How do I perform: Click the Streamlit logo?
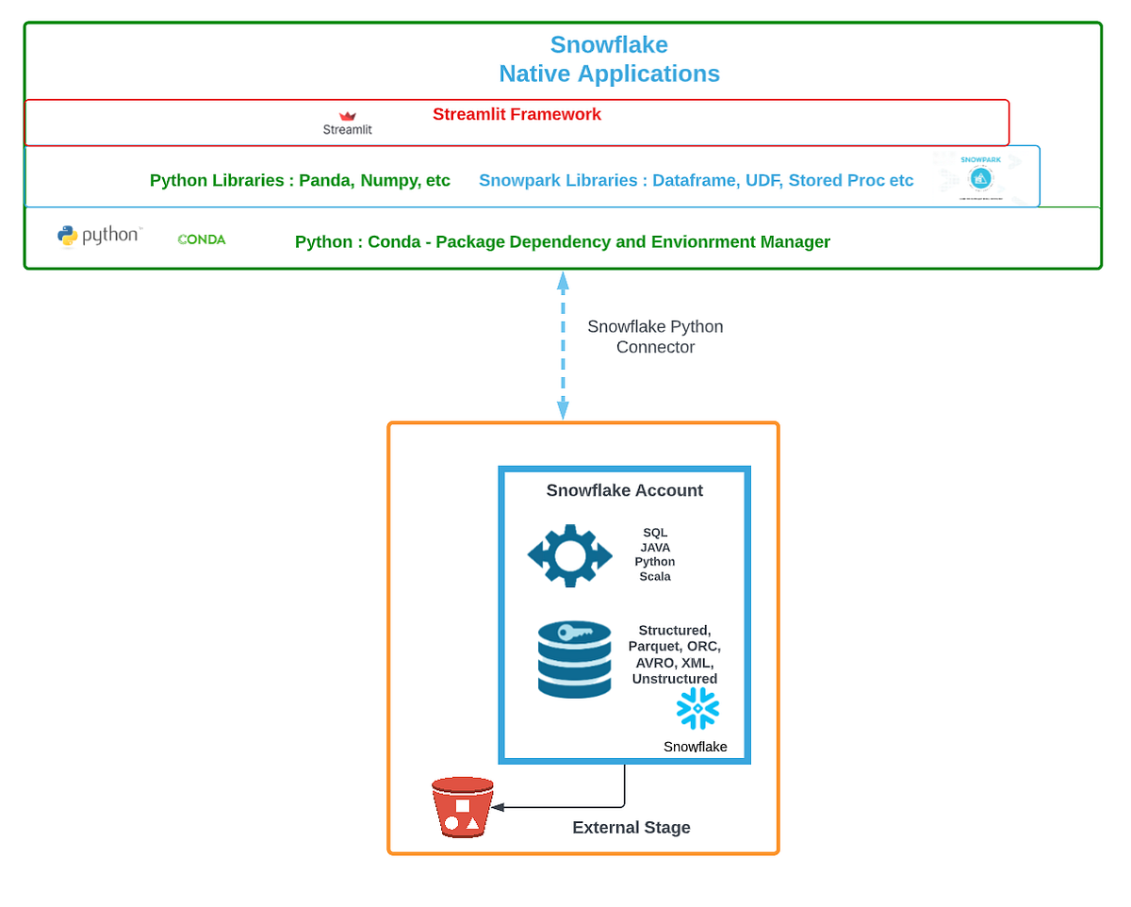pyautogui.click(x=348, y=123)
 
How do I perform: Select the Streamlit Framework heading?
pyautogui.click(x=516, y=114)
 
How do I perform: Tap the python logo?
pyautogui.click(x=99, y=236)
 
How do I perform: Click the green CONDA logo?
pyautogui.click(x=202, y=239)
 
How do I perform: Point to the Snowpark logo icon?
pyautogui.click(x=980, y=176)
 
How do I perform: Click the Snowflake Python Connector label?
pyautogui.click(x=655, y=337)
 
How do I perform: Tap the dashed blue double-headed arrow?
pyautogui.click(x=563, y=345)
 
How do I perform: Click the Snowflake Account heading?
pyautogui.click(x=624, y=490)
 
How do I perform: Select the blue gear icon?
pyautogui.click(x=569, y=555)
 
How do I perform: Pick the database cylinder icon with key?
pyautogui.click(x=575, y=658)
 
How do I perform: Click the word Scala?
pyautogui.click(x=655, y=576)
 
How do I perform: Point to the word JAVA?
pyautogui.click(x=655, y=547)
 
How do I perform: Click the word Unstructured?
pyautogui.click(x=675, y=679)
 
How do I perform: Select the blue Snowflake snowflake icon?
pyautogui.click(x=697, y=708)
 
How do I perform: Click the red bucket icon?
pyautogui.click(x=462, y=807)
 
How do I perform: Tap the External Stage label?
pyautogui.click(x=631, y=828)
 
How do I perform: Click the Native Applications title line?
pyautogui.click(x=609, y=74)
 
